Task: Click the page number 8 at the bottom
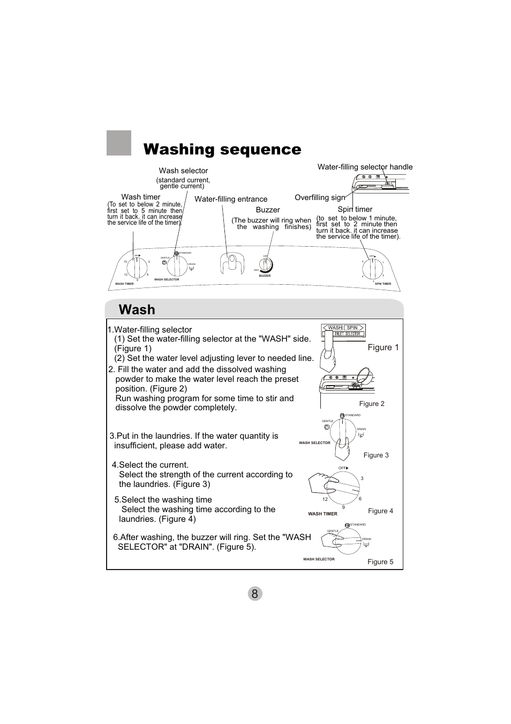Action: [255, 593]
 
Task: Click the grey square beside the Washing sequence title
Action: [119, 143]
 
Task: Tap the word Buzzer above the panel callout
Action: [268, 210]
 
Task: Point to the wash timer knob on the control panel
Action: [137, 268]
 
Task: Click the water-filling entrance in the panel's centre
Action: [231, 263]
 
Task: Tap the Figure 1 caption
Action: [383, 348]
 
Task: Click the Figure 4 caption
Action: [380, 511]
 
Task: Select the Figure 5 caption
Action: [380, 562]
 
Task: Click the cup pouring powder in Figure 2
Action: [363, 375]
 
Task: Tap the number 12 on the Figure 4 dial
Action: [325, 499]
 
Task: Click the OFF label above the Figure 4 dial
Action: [343, 468]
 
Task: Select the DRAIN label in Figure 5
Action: [366, 539]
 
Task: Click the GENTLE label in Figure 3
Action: [327, 421]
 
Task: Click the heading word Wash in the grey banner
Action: [137, 310]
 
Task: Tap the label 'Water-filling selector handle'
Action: [365, 167]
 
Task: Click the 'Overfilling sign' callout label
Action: [320, 197]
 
